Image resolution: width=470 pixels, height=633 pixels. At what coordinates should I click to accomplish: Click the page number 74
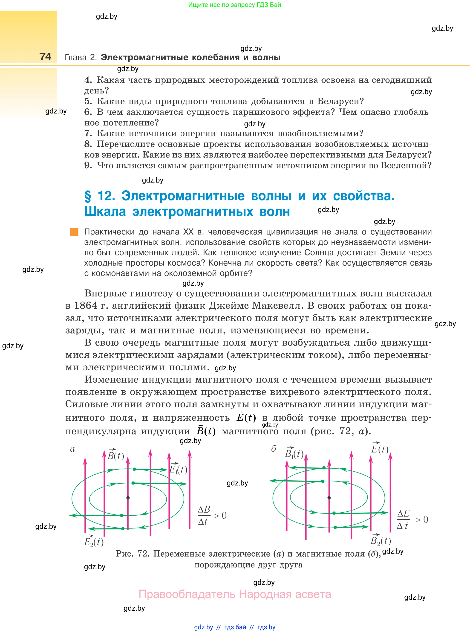(45, 56)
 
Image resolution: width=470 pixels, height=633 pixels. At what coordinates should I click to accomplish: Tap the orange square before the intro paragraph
(74, 232)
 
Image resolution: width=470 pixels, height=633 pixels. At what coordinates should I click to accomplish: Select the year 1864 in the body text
(85, 305)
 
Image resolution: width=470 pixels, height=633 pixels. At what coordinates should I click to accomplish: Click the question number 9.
(88, 165)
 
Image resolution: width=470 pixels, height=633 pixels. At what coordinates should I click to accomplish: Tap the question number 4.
(88, 80)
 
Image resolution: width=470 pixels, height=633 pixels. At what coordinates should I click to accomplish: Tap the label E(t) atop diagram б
(380, 449)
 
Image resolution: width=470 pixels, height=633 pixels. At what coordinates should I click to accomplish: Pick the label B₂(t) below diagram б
(381, 540)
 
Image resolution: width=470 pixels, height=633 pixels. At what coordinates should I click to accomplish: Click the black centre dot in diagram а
(128, 498)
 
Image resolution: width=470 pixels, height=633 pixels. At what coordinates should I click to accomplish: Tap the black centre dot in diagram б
(329, 498)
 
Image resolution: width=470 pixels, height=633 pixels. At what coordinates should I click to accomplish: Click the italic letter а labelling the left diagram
(72, 449)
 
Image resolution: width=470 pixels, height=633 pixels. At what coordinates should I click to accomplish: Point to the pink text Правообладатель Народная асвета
(235, 594)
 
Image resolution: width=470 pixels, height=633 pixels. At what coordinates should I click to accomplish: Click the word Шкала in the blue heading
(105, 212)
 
